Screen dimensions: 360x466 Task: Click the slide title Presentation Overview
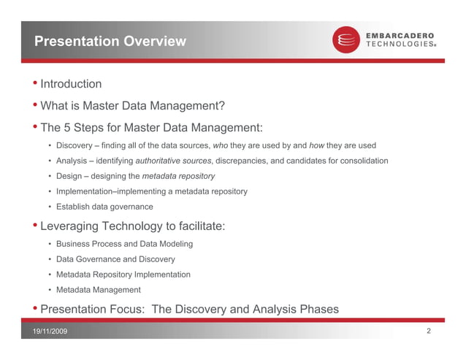coord(110,42)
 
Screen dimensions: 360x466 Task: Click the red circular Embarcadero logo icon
coord(346,39)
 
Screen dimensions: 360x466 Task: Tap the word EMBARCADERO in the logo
coord(400,35)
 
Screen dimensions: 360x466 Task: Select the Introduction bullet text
coord(71,84)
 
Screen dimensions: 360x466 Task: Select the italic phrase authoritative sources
coord(174,161)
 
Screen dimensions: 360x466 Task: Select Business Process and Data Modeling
coord(124,244)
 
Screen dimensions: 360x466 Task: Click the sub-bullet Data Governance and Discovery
coord(115,259)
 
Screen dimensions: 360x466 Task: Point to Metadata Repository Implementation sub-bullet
coord(123,275)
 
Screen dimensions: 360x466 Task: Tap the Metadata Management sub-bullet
coord(98,290)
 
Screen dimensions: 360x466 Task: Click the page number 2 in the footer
coord(428,332)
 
